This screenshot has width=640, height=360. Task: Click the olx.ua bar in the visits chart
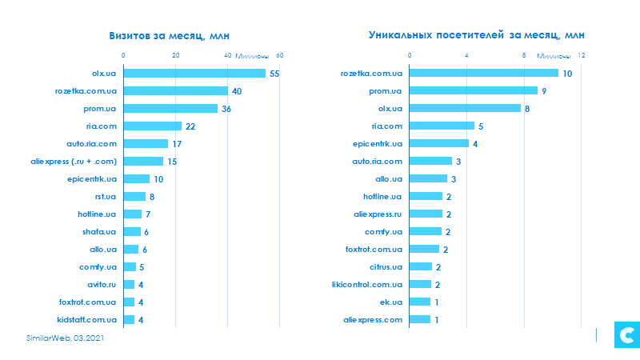[194, 74]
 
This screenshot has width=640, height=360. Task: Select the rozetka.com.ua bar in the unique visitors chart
[484, 74]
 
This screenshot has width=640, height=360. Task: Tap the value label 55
[274, 74]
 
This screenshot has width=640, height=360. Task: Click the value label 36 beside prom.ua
[226, 109]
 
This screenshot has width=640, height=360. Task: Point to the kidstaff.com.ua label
[87, 320]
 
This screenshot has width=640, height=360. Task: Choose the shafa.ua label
[99, 232]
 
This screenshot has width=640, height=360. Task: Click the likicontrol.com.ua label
[367, 285]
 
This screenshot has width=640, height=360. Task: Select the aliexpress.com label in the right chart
[373, 320]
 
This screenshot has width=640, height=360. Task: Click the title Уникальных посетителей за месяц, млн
[477, 35]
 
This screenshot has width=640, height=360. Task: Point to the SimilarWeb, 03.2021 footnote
[63, 339]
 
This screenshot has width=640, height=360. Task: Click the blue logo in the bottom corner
[624, 335]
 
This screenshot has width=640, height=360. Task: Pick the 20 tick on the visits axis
[176, 55]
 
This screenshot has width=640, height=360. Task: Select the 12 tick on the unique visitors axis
[582, 55]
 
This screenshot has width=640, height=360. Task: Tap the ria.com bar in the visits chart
[152, 126]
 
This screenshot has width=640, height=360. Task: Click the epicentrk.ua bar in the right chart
[439, 144]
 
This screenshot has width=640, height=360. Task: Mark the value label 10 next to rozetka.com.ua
[567, 74]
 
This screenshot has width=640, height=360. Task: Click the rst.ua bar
[134, 197]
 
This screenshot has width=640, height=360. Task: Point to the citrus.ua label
[386, 267]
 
